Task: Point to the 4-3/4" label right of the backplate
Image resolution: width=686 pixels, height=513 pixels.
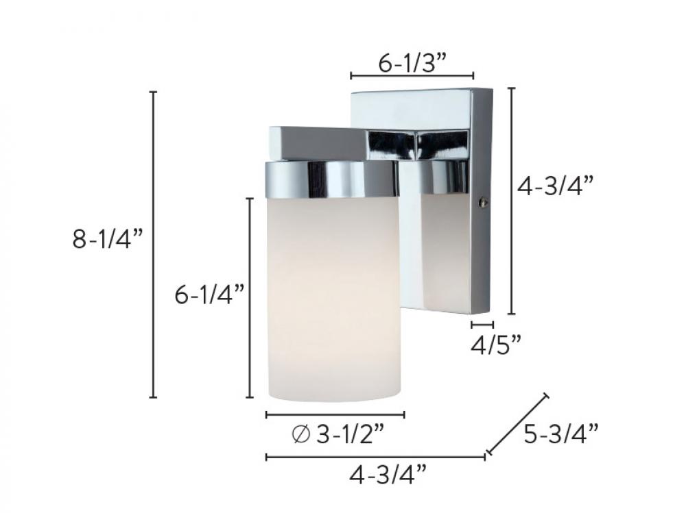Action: (x=554, y=186)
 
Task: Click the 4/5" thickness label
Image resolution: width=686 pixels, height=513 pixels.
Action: (x=495, y=343)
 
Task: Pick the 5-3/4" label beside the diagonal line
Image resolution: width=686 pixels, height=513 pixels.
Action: (x=561, y=434)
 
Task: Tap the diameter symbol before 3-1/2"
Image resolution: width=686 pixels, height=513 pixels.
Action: (x=300, y=434)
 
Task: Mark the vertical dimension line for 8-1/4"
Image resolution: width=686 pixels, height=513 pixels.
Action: (x=154, y=244)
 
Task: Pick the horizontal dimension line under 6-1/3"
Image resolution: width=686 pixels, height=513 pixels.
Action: (x=412, y=75)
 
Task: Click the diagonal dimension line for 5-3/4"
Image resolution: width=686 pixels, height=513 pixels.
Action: (x=517, y=424)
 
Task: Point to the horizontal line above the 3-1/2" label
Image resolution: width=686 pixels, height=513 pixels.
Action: (x=335, y=414)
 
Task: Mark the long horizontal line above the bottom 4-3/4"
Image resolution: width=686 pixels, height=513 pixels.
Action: (x=376, y=457)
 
